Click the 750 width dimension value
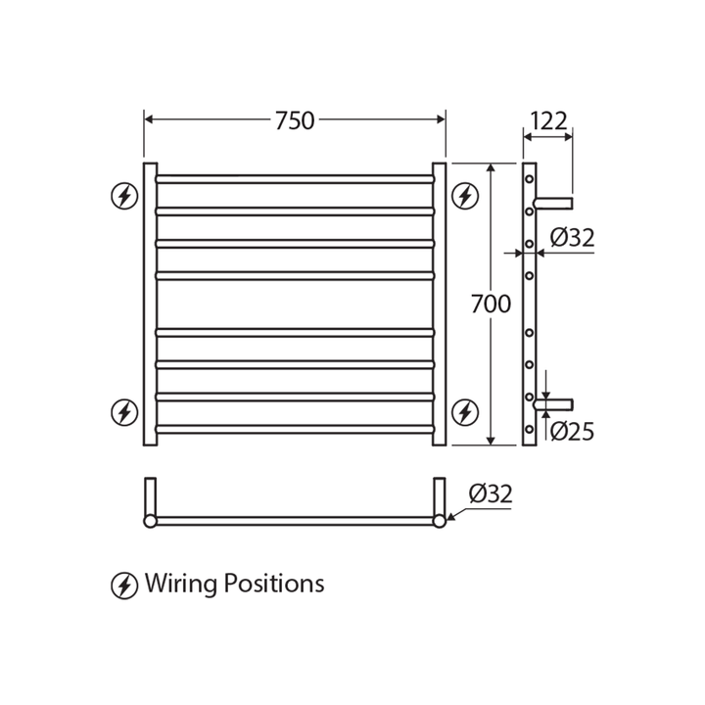click(x=294, y=120)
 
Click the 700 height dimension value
click(x=491, y=305)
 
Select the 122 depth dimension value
click(x=548, y=121)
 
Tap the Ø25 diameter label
click(x=572, y=431)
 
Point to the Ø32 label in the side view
click(x=572, y=238)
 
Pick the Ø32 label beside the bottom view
click(x=490, y=494)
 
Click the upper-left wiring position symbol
click(x=124, y=197)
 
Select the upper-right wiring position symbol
click(x=465, y=197)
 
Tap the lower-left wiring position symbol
click(x=124, y=412)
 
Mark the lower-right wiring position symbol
click(x=465, y=412)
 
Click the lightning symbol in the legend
click(x=124, y=586)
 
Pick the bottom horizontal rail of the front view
click(x=294, y=429)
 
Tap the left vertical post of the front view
click(x=150, y=304)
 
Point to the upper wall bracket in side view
click(x=553, y=203)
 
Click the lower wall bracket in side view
click(x=554, y=403)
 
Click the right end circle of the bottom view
click(x=440, y=521)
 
